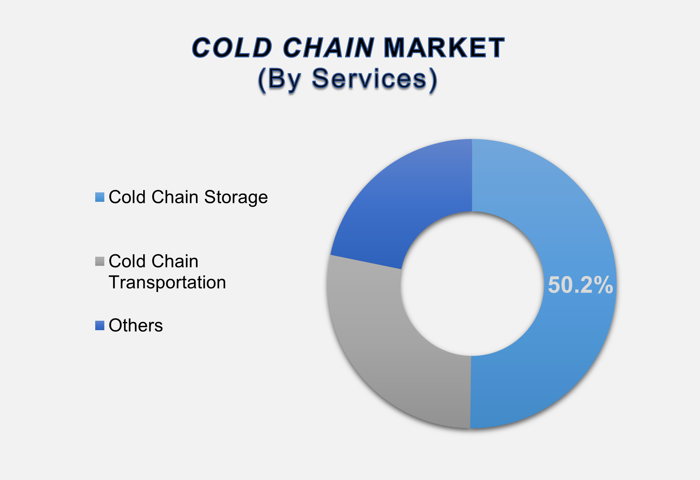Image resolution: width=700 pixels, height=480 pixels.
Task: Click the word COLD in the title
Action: [x=232, y=48]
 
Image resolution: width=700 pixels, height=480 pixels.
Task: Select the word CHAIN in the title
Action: [x=329, y=48]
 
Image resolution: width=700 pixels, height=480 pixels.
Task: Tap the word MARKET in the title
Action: [x=444, y=48]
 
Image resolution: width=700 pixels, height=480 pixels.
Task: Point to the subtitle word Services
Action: [x=375, y=79]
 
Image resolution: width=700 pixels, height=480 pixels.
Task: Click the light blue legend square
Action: [x=100, y=197]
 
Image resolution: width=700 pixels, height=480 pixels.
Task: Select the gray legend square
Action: [x=100, y=261]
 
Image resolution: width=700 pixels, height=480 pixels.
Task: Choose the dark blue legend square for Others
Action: [x=100, y=325]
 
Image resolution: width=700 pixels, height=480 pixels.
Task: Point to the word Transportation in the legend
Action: [x=167, y=282]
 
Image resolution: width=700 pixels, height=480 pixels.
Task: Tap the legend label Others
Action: [x=136, y=325]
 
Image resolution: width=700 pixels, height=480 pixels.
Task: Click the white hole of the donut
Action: [x=472, y=284]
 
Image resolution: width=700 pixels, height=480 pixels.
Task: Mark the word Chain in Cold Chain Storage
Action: [x=175, y=197]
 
